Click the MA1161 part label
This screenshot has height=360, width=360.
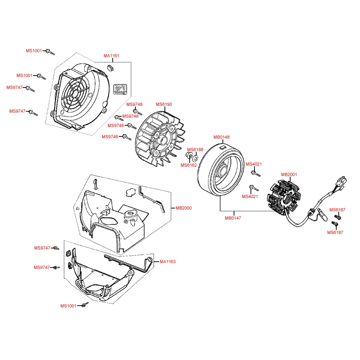pyautogui.click(x=112, y=56)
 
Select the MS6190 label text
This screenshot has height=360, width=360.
pyautogui.click(x=164, y=104)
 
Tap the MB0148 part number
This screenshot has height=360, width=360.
pyautogui.click(x=221, y=137)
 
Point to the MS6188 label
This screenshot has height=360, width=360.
pyautogui.click(x=195, y=149)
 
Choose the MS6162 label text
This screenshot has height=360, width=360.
pyautogui.click(x=189, y=165)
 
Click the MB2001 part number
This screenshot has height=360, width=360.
pyautogui.click(x=289, y=175)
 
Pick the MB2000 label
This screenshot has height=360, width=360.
pyautogui.click(x=184, y=208)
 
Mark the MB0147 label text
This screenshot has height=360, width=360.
pyautogui.click(x=233, y=218)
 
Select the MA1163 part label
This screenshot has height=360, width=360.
pyautogui.click(x=168, y=262)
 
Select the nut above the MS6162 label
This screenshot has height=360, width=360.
pyautogui.click(x=189, y=156)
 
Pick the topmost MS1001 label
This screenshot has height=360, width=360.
pyautogui.click(x=34, y=51)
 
